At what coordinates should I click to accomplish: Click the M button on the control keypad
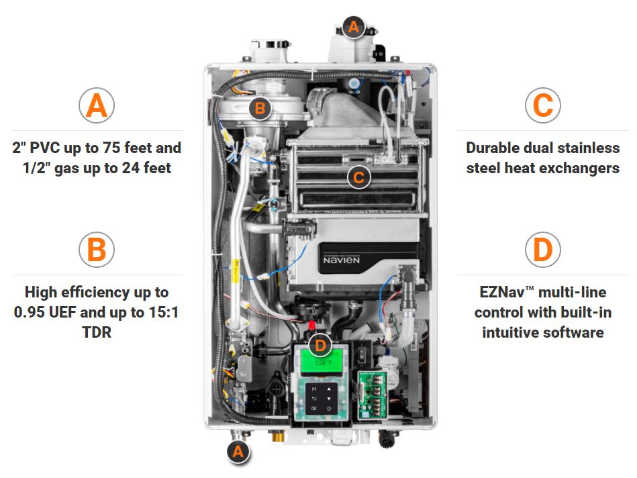point(313,387)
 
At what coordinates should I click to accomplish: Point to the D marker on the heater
point(322,345)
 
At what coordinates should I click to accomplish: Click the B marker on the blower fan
point(260,107)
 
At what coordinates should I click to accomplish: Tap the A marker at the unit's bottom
point(237,452)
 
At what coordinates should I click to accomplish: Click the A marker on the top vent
point(354,28)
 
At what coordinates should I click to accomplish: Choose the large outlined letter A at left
point(97,105)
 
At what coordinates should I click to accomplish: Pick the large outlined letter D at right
point(542,249)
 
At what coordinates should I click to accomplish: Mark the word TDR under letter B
point(97,332)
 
